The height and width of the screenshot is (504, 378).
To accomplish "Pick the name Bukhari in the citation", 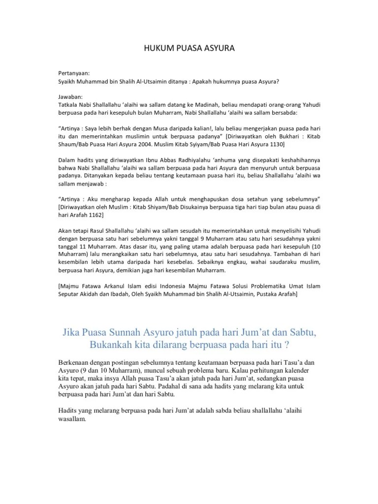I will (x=278, y=136).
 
